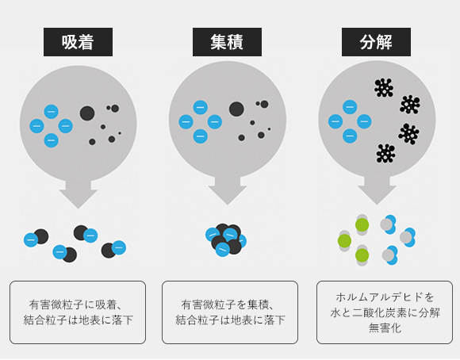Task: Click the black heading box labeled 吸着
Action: pos(78,42)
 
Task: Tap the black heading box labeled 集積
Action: pos(227,42)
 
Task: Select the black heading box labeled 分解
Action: pos(376,42)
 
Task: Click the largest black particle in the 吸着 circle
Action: pos(87,113)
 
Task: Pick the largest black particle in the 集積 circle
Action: pos(236,109)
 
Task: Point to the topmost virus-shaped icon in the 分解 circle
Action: pos(384,87)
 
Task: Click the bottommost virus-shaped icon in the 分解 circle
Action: pos(385,154)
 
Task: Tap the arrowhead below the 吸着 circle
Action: pos(78,199)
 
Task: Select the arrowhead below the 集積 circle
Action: pos(228,195)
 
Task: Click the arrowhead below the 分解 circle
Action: pos(377,195)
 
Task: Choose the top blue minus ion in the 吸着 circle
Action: pos(51,112)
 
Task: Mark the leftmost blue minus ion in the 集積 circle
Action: pos(186,122)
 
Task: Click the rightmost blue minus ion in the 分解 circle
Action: pos(364,121)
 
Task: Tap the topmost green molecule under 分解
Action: pos(362,224)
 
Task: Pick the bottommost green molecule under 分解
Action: pos(362,255)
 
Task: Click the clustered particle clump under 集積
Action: pos(226,239)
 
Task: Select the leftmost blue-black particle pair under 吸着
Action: pos(36,238)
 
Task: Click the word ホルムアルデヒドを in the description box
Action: pos(385,297)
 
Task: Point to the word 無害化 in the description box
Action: pos(385,327)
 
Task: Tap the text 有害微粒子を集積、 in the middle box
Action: pos(228,304)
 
